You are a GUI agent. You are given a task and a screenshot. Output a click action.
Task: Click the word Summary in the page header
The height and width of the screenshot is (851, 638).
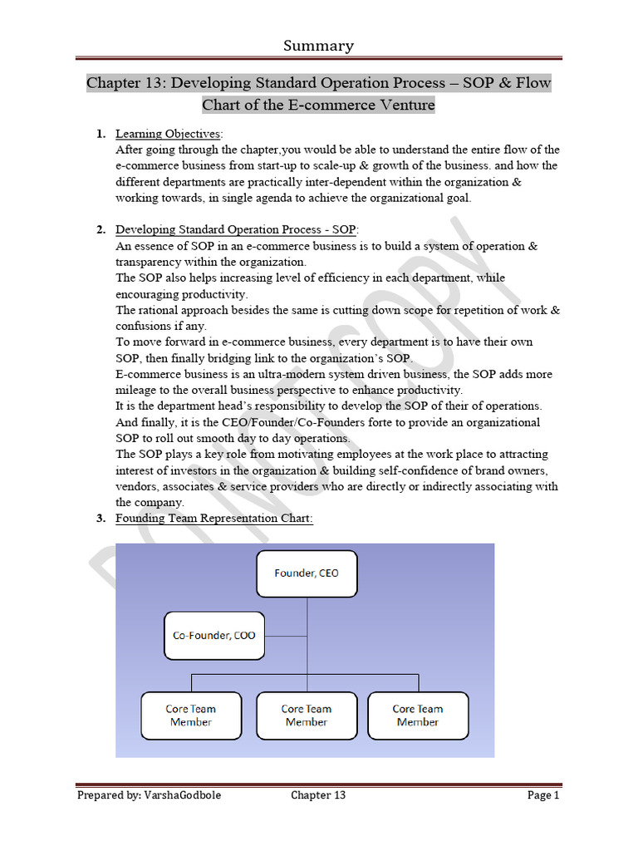(318, 46)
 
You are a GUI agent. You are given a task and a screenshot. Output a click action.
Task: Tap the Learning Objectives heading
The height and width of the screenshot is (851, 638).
(168, 134)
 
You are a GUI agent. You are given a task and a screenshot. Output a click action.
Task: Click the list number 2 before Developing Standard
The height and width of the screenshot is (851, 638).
(100, 230)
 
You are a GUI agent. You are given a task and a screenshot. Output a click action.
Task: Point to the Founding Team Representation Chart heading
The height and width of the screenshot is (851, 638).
(213, 519)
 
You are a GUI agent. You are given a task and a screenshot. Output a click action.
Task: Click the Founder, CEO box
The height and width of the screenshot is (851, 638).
(307, 573)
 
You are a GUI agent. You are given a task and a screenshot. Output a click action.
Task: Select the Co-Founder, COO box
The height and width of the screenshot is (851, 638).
(213, 636)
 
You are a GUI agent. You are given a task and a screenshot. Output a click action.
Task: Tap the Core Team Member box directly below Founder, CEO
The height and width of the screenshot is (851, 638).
(307, 716)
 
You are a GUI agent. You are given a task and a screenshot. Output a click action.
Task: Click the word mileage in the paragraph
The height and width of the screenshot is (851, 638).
(140, 390)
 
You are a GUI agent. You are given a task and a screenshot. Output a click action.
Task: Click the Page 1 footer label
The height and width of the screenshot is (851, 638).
(543, 795)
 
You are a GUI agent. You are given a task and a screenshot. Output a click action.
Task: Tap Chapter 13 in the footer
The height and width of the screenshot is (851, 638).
(318, 795)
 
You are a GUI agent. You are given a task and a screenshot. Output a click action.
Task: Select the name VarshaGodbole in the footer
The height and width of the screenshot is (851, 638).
(183, 795)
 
